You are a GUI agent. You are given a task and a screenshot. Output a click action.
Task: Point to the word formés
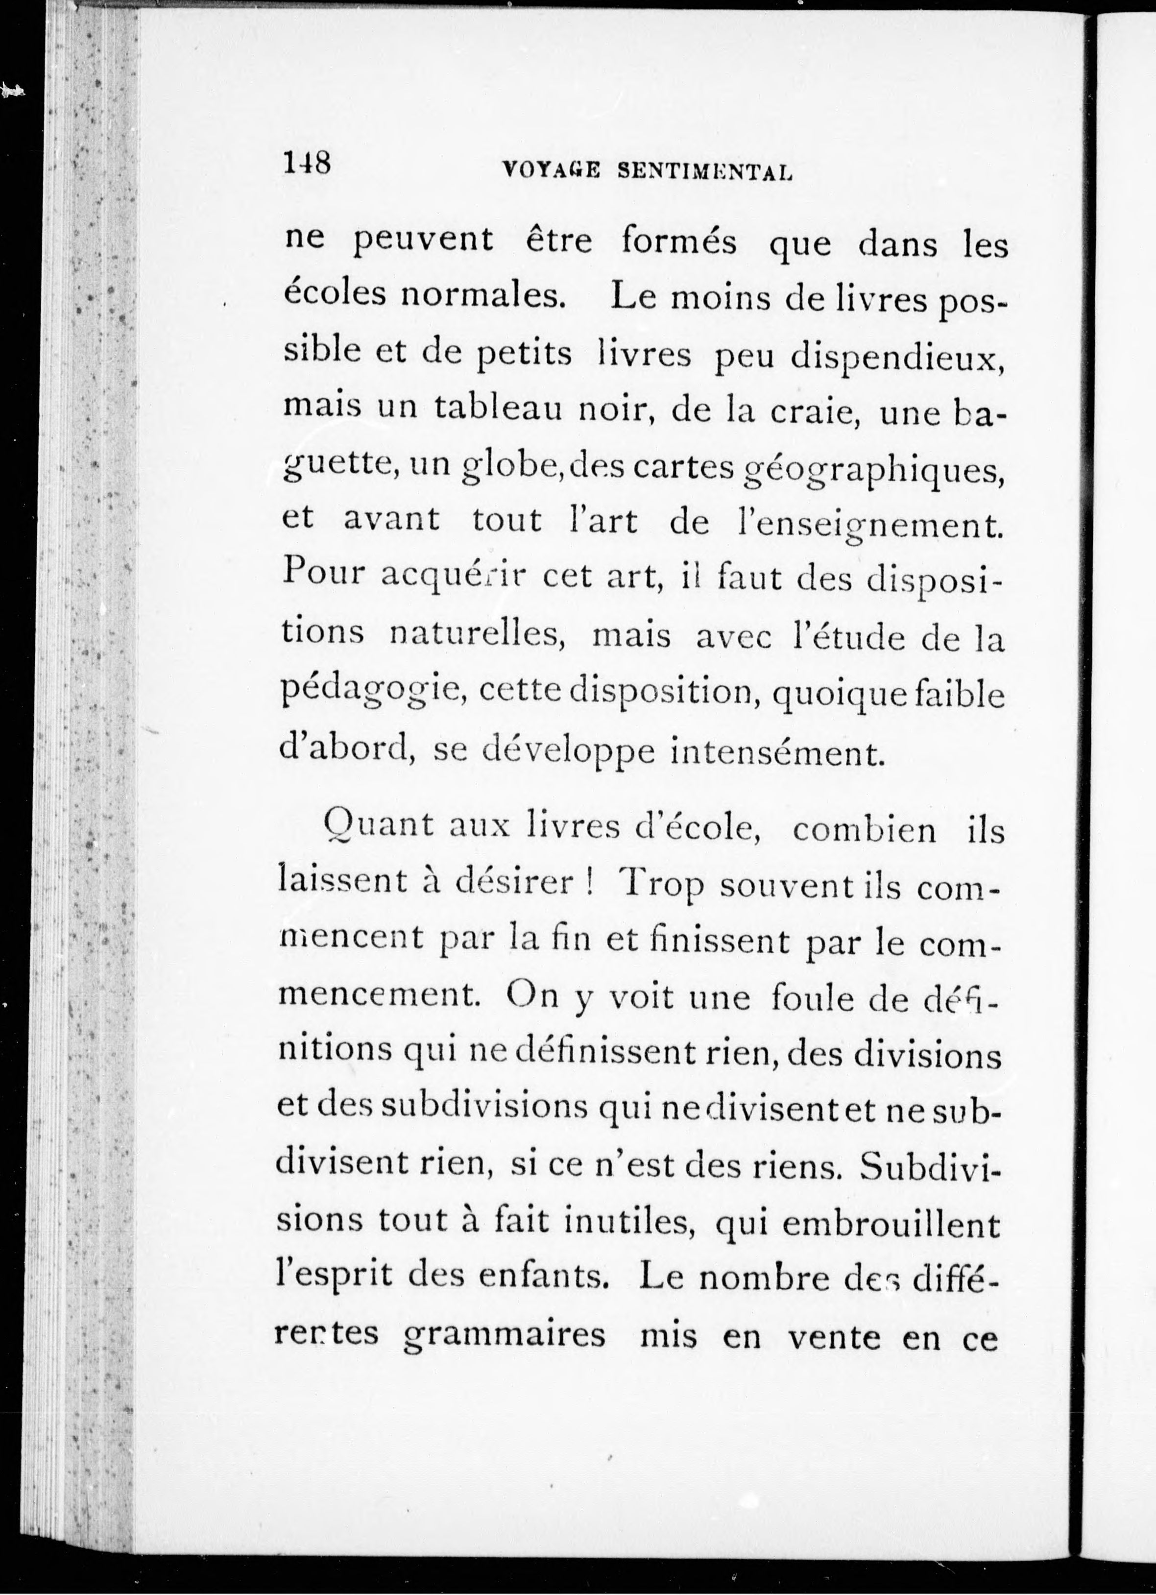[679, 242]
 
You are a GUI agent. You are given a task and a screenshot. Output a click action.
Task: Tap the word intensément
[775, 753]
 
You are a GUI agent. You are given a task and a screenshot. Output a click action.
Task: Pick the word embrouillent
[891, 1224]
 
